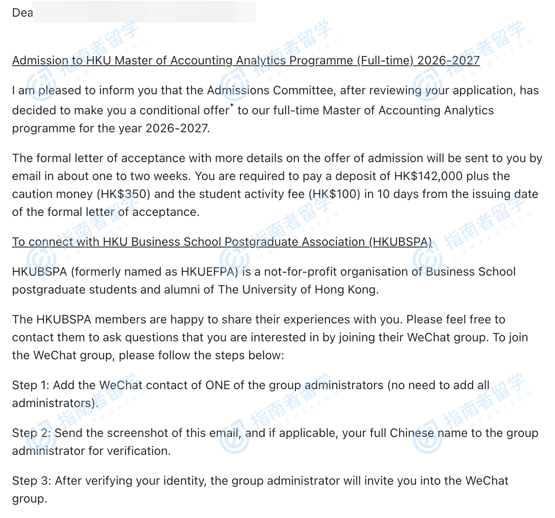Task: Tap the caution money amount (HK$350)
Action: (123, 194)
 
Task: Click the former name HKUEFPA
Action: (209, 272)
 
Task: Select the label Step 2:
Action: (32, 433)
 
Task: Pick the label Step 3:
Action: (32, 481)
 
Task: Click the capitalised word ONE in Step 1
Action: (218, 385)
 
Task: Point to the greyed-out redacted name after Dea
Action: (144, 12)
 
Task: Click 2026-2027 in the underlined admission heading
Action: (448, 61)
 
